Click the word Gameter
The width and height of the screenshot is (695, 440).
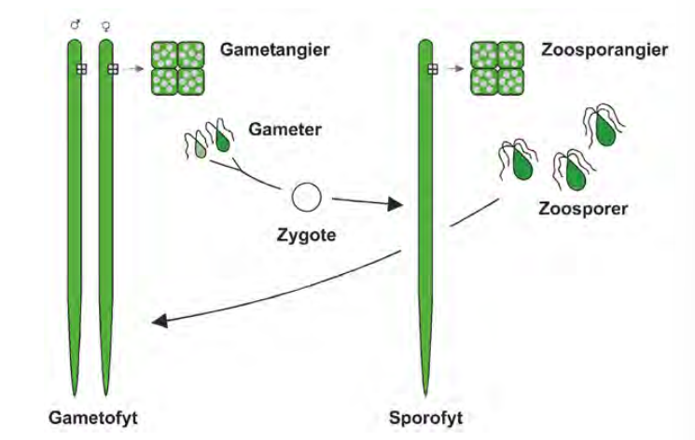(285, 130)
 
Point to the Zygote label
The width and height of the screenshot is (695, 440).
(307, 235)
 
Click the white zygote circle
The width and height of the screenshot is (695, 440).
(306, 198)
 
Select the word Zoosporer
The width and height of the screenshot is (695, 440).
(582, 208)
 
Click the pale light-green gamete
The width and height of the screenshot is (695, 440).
(201, 147)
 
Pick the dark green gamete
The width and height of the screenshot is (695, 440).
(223, 140)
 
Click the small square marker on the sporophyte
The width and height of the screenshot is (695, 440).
(432, 68)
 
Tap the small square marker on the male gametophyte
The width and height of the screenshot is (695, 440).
(81, 68)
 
